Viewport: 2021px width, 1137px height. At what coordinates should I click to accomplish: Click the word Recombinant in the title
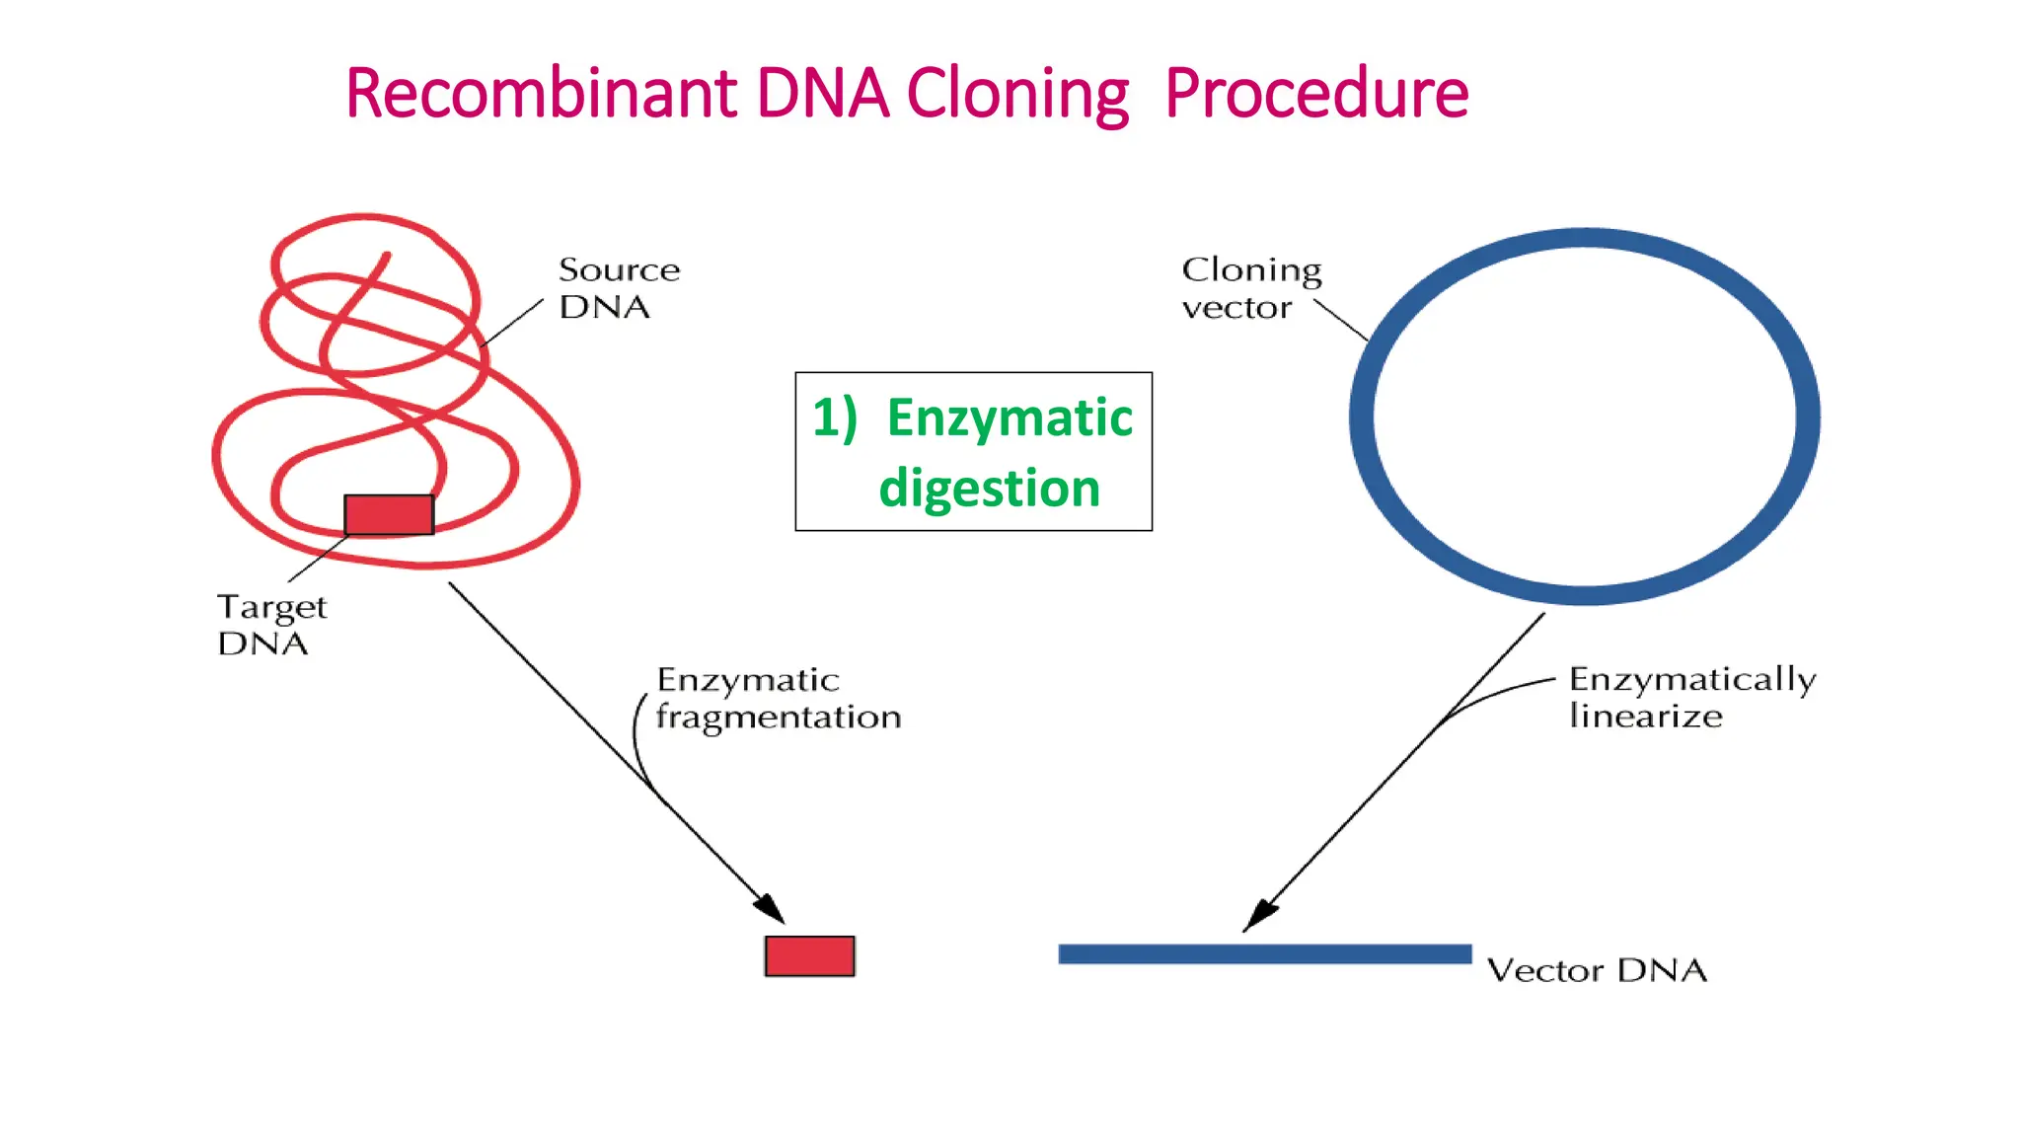point(541,95)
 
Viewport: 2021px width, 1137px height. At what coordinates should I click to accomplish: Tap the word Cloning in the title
point(1017,95)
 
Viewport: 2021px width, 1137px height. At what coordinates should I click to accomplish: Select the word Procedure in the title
point(1316,95)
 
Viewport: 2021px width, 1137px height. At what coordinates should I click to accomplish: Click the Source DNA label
point(618,288)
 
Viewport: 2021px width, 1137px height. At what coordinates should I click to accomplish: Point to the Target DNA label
point(271,624)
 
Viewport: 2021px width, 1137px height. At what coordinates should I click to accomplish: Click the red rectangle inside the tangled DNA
point(389,514)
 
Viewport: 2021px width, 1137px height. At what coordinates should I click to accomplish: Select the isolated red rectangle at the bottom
point(809,955)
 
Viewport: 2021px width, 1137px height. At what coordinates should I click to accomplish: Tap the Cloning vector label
point(1250,288)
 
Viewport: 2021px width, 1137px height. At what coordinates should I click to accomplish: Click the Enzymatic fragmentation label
point(778,698)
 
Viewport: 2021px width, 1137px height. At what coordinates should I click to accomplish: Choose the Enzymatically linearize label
point(1691,697)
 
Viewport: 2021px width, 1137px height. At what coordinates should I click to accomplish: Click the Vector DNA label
point(1597,970)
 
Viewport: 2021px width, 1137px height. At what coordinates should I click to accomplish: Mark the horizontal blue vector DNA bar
point(1264,953)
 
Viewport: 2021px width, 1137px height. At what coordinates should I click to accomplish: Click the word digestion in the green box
point(989,489)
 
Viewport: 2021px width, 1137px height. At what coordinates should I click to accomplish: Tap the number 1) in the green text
point(834,417)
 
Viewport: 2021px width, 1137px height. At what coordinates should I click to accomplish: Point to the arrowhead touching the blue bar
point(1258,915)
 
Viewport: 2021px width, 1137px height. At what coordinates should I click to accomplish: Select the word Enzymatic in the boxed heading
point(1010,417)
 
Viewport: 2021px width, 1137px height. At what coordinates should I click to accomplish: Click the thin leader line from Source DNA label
point(514,322)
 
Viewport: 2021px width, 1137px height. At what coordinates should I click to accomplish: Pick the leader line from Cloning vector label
point(1341,321)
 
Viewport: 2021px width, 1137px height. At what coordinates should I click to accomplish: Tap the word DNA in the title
point(822,95)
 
